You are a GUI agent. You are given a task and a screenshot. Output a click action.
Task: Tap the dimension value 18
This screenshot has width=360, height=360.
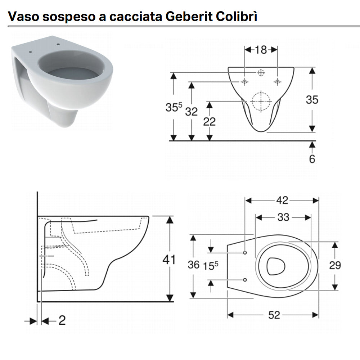[x=261, y=50]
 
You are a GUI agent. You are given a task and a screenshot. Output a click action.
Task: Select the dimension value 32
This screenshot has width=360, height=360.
[x=192, y=112]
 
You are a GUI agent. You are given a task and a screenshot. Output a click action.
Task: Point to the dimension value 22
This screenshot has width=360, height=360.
[x=210, y=121]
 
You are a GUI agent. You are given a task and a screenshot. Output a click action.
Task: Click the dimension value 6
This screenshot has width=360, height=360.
[x=312, y=158]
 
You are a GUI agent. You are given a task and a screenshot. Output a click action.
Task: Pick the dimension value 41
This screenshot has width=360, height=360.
[x=169, y=259]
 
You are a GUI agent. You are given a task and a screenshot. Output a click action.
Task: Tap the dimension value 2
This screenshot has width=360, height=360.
[x=62, y=320]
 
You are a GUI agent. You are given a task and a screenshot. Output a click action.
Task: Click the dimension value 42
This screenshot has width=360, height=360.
[x=282, y=201]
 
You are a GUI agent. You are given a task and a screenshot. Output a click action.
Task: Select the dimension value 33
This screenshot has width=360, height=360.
[x=283, y=217]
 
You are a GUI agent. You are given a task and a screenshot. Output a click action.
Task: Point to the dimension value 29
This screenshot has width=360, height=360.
[x=335, y=265]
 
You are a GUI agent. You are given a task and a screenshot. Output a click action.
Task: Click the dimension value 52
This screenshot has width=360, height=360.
[x=274, y=315]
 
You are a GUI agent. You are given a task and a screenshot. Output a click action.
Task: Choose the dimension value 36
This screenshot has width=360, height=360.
[x=194, y=265]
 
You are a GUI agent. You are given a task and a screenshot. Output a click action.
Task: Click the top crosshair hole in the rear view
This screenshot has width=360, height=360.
[x=261, y=72]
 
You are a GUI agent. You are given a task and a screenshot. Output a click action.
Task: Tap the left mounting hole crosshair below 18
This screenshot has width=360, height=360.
[x=245, y=82]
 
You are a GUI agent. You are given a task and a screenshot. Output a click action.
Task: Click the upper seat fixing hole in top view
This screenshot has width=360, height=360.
[x=245, y=252]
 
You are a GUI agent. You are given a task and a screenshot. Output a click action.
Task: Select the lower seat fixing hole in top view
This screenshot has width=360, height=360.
[x=245, y=280]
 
